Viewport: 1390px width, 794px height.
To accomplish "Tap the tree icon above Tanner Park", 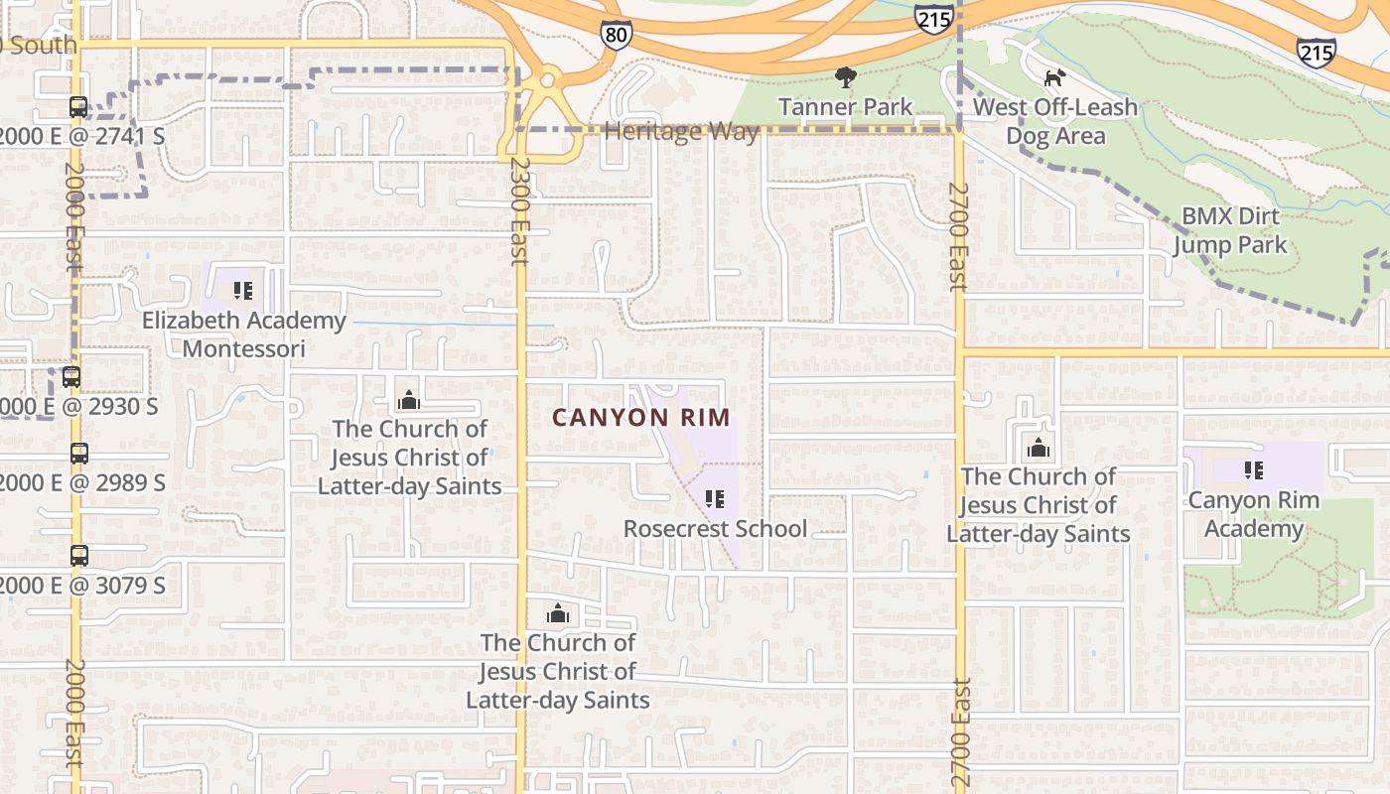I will (x=845, y=77).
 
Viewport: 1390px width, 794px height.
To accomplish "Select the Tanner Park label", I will (x=845, y=106).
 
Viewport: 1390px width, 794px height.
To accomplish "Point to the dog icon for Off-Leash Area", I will (x=1054, y=77).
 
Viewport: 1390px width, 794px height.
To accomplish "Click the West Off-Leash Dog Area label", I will (x=1054, y=121).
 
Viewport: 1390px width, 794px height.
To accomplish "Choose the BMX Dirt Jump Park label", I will (x=1230, y=230).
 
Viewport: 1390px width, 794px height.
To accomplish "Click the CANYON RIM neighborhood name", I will (x=640, y=418).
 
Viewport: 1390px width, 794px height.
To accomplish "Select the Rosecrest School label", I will (x=715, y=528).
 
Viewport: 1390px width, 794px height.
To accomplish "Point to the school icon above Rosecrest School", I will (x=715, y=498).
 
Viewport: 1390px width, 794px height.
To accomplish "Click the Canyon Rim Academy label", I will (x=1253, y=513).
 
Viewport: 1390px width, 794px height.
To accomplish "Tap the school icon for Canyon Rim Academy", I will (x=1253, y=470).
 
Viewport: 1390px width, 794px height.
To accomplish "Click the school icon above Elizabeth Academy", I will (x=242, y=291).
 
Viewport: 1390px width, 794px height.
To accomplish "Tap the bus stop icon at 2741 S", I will (x=78, y=107).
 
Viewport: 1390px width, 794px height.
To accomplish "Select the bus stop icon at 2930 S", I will (x=71, y=377).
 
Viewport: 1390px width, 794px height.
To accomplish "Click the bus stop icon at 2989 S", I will (x=79, y=454).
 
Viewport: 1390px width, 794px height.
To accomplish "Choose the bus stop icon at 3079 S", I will (x=79, y=556).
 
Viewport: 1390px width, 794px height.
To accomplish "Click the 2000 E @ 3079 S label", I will (x=82, y=586).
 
